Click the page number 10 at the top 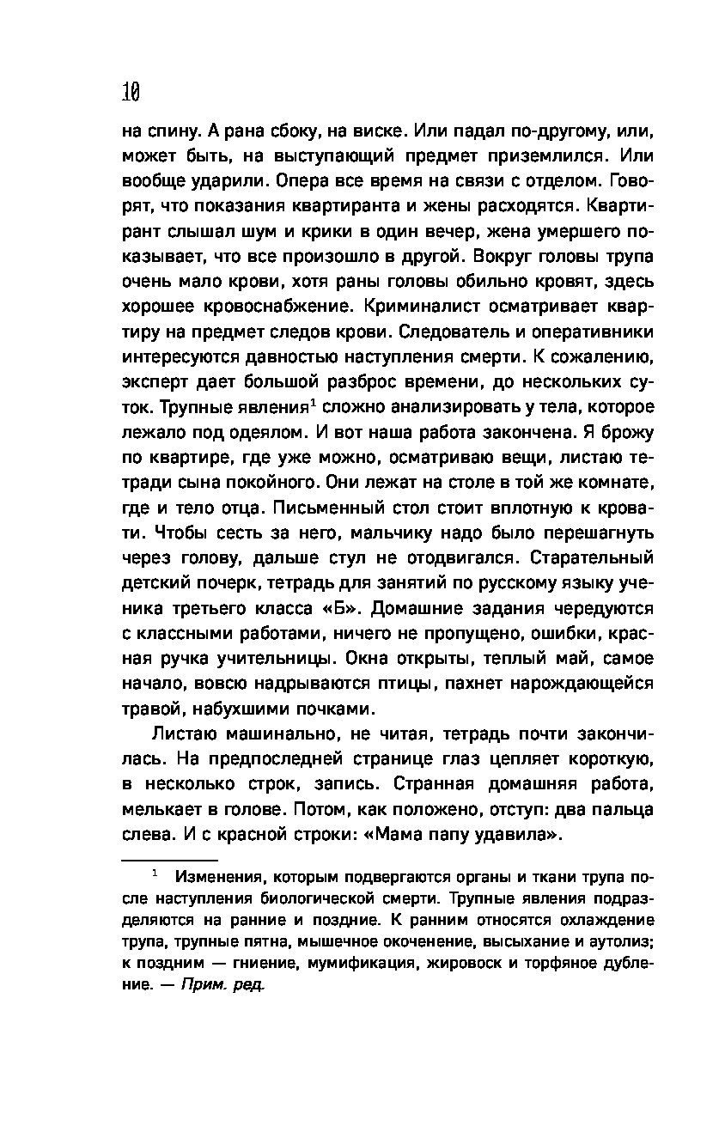[x=131, y=91]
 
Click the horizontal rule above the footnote [x=169, y=859]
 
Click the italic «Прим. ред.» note [x=223, y=986]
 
